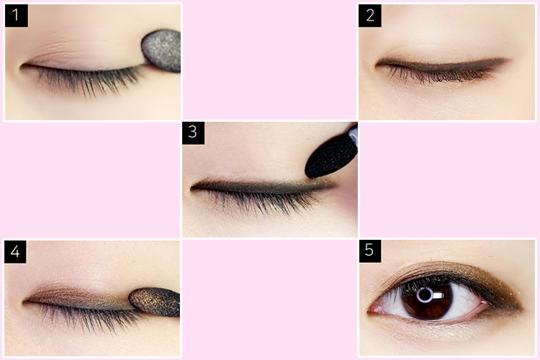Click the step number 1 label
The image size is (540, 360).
click(16, 16)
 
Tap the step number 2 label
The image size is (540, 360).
click(370, 16)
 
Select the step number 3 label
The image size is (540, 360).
click(193, 133)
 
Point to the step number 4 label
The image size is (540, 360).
click(15, 252)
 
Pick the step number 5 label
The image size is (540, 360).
click(370, 251)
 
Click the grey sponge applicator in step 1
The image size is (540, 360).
click(162, 51)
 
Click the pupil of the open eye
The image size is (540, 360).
click(426, 295)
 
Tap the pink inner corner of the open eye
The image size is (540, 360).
click(374, 310)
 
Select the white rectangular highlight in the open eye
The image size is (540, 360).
click(438, 296)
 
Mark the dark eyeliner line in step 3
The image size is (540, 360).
click(262, 186)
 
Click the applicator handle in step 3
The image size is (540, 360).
click(353, 132)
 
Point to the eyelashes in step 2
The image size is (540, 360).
click(437, 75)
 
